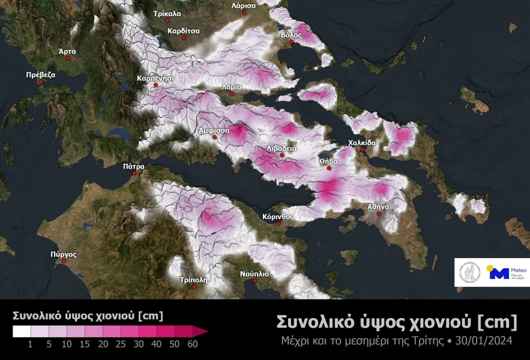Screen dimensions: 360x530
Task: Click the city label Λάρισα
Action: click(244, 5)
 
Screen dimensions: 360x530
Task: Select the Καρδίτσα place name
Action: click(184, 29)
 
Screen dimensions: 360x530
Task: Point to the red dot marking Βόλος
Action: click(291, 43)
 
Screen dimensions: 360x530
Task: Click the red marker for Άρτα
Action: click(67, 58)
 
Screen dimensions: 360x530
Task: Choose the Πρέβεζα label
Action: click(41, 75)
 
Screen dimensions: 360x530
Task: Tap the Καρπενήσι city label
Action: click(155, 78)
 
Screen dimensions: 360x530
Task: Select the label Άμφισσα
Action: click(214, 129)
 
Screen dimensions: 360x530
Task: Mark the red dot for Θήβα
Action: click(329, 169)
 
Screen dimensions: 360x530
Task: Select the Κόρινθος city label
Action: click(277, 216)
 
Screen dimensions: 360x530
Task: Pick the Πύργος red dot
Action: click(64, 261)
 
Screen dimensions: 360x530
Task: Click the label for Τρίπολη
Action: click(193, 280)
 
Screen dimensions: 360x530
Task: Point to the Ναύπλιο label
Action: click(254, 274)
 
